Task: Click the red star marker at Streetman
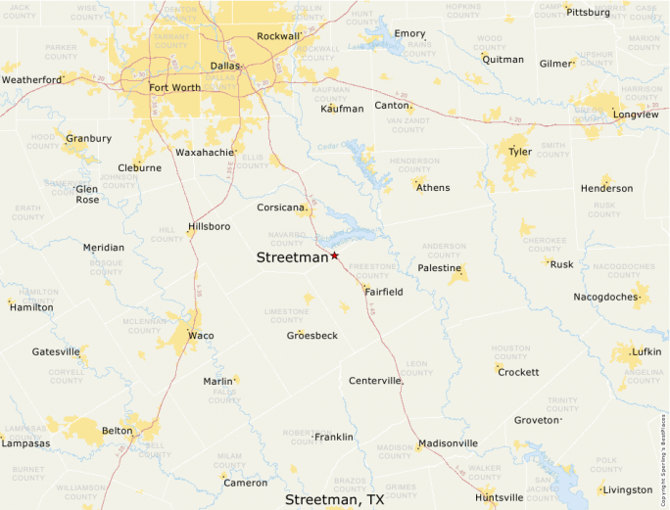click(334, 255)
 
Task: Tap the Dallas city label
click(224, 67)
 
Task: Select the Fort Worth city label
click(175, 87)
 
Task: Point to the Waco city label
click(201, 336)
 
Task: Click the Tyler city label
click(519, 152)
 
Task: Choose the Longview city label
click(635, 115)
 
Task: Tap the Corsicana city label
click(282, 208)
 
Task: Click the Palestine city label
click(439, 267)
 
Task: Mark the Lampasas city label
click(25, 443)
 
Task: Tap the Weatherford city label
click(32, 79)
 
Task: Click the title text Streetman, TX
click(334, 499)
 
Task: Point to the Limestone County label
click(286, 315)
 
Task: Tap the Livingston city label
click(628, 489)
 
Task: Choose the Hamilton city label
click(31, 307)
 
